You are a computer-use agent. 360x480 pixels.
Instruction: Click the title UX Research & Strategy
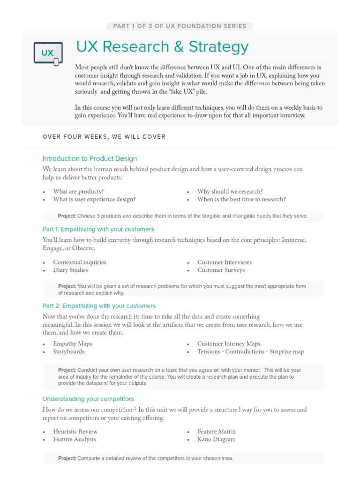click(x=162, y=47)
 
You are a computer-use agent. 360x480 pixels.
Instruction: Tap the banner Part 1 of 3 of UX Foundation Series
click(x=180, y=26)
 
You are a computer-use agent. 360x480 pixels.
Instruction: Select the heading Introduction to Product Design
click(x=90, y=158)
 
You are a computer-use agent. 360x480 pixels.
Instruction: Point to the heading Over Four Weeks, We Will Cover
click(x=104, y=137)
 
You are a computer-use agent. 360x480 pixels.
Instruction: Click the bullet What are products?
click(x=78, y=192)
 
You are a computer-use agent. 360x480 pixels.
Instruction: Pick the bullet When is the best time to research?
click(x=241, y=199)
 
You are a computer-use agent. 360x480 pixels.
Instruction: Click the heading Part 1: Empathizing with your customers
click(x=98, y=229)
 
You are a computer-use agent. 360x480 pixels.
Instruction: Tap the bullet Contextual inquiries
click(x=80, y=262)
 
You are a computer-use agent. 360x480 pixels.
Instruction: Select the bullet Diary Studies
click(x=70, y=270)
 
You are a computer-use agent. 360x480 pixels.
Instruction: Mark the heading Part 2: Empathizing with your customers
click(x=99, y=306)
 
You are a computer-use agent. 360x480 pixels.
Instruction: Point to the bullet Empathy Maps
click(x=73, y=344)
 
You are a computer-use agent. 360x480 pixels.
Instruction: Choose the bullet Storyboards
click(x=69, y=352)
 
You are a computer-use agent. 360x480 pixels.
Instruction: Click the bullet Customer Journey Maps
click(x=229, y=344)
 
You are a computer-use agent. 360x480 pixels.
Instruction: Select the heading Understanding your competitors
click(x=88, y=399)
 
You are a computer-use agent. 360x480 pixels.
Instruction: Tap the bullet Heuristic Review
click(x=75, y=432)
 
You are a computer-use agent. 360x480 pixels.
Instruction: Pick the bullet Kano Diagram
click(x=217, y=439)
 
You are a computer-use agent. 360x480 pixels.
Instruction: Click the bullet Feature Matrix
click(x=217, y=432)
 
